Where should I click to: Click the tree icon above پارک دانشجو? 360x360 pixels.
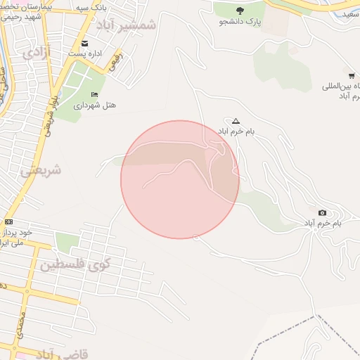240,11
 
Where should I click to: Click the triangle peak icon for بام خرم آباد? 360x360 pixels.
236,121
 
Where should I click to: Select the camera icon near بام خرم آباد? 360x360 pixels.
322,213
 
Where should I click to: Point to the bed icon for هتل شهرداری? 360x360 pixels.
95,95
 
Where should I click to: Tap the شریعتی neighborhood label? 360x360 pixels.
41,170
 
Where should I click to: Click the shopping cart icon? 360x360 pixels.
351,75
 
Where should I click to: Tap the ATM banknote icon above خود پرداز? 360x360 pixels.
8,222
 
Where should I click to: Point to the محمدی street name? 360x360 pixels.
21,325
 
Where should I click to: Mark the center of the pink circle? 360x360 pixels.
180,179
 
